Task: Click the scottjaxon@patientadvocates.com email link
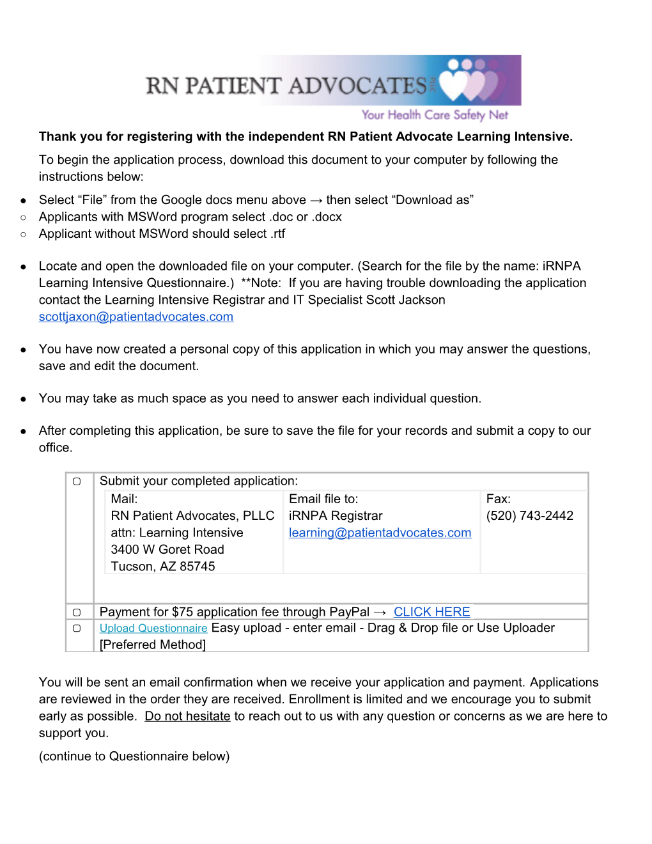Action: pyautogui.click(x=136, y=316)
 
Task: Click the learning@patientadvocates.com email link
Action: pyautogui.click(x=380, y=533)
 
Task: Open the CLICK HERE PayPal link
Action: pyautogui.click(x=431, y=612)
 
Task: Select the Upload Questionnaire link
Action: pyautogui.click(x=153, y=629)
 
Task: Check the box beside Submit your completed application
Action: pyautogui.click(x=77, y=481)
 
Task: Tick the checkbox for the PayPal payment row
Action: pyautogui.click(x=77, y=613)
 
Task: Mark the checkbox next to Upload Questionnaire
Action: pyautogui.click(x=77, y=629)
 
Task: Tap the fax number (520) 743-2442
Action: pyautogui.click(x=529, y=516)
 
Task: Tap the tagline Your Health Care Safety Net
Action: pyautogui.click(x=435, y=115)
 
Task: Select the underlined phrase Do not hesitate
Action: pyautogui.click(x=187, y=716)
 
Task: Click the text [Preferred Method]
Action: pyautogui.click(x=153, y=645)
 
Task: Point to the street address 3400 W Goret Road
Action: pyautogui.click(x=167, y=549)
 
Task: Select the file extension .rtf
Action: pyautogui.click(x=277, y=234)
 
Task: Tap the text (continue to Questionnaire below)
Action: pyautogui.click(x=134, y=756)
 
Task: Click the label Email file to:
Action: pyautogui.click(x=323, y=499)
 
